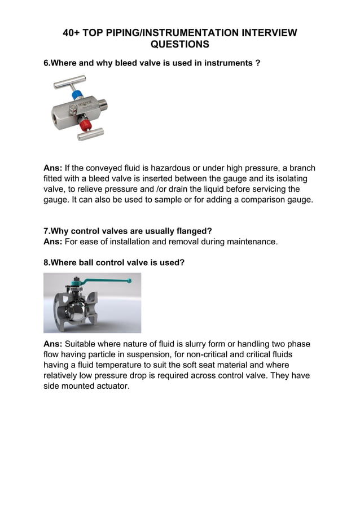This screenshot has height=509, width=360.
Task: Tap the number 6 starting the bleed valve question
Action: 46,64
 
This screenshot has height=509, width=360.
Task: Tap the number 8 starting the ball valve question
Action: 46,263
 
